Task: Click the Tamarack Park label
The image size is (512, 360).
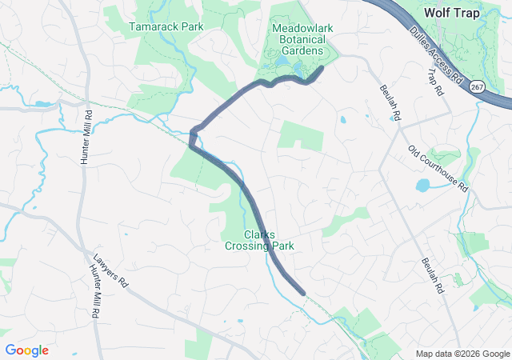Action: pyautogui.click(x=166, y=26)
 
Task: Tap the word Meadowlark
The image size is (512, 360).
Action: pyautogui.click(x=302, y=27)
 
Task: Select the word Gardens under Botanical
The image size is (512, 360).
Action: pyautogui.click(x=302, y=51)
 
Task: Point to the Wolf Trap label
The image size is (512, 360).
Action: pyautogui.click(x=451, y=13)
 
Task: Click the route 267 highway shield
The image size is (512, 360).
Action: pyautogui.click(x=478, y=86)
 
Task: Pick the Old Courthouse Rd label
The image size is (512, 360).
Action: pyautogui.click(x=438, y=168)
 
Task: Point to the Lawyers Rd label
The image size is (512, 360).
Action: pyautogui.click(x=110, y=271)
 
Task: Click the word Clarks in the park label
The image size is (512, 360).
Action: pyautogui.click(x=259, y=235)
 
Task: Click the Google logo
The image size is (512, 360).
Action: pyautogui.click(x=27, y=350)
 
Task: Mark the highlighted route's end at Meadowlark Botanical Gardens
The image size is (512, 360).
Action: pyautogui.click(x=322, y=69)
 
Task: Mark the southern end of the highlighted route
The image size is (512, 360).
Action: pyautogui.click(x=302, y=293)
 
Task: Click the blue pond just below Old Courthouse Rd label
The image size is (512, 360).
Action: pyautogui.click(x=422, y=186)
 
